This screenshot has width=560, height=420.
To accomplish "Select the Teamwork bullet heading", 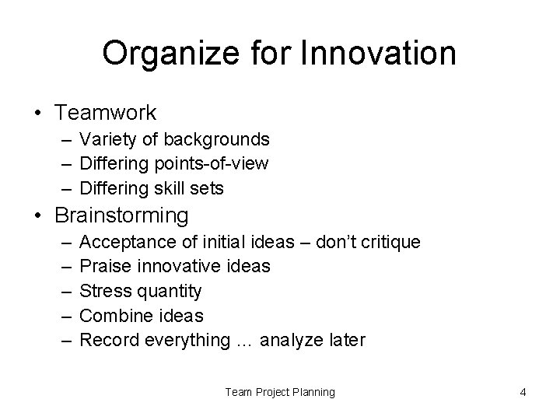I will pos(105,113).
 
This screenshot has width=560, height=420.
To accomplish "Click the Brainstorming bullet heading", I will pos(121,214).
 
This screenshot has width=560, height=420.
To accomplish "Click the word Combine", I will pos(113,315).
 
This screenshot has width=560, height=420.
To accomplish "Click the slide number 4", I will pos(523,392).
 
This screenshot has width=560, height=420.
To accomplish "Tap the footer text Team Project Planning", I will pos(280,392).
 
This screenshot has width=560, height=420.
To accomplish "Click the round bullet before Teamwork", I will pos(38,114).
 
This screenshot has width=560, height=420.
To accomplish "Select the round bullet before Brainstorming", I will pos(38,215).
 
